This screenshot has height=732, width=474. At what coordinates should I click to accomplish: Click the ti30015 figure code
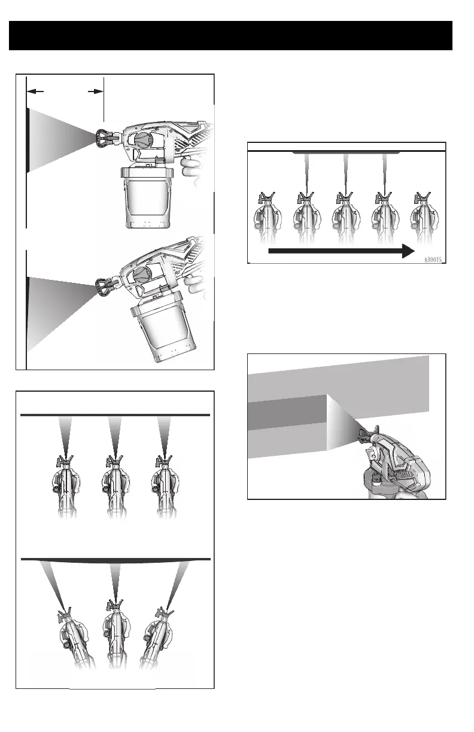(x=433, y=260)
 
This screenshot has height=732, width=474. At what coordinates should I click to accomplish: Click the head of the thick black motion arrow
(x=408, y=251)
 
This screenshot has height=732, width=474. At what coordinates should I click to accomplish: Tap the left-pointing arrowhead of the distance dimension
(x=35, y=91)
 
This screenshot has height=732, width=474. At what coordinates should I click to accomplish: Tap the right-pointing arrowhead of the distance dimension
(x=96, y=91)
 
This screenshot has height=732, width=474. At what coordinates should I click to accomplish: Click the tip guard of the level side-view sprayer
(x=104, y=138)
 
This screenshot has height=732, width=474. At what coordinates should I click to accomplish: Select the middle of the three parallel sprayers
(x=115, y=487)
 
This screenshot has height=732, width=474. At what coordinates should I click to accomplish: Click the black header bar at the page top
(x=230, y=36)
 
